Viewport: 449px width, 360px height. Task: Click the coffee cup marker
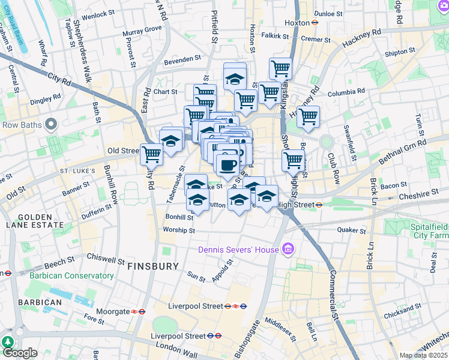(227, 164)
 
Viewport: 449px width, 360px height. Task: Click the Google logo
(20, 353)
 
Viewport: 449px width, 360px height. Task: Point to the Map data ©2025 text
(423, 355)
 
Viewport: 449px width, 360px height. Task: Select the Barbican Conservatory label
(71, 275)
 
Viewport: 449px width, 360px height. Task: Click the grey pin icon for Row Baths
(51, 124)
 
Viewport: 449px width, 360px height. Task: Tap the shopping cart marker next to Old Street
(151, 154)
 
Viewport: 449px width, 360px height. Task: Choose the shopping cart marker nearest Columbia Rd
(308, 116)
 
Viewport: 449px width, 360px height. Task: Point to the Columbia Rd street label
(346, 94)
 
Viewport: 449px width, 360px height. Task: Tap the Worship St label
(179, 230)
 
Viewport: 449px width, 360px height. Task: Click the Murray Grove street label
(142, 29)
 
